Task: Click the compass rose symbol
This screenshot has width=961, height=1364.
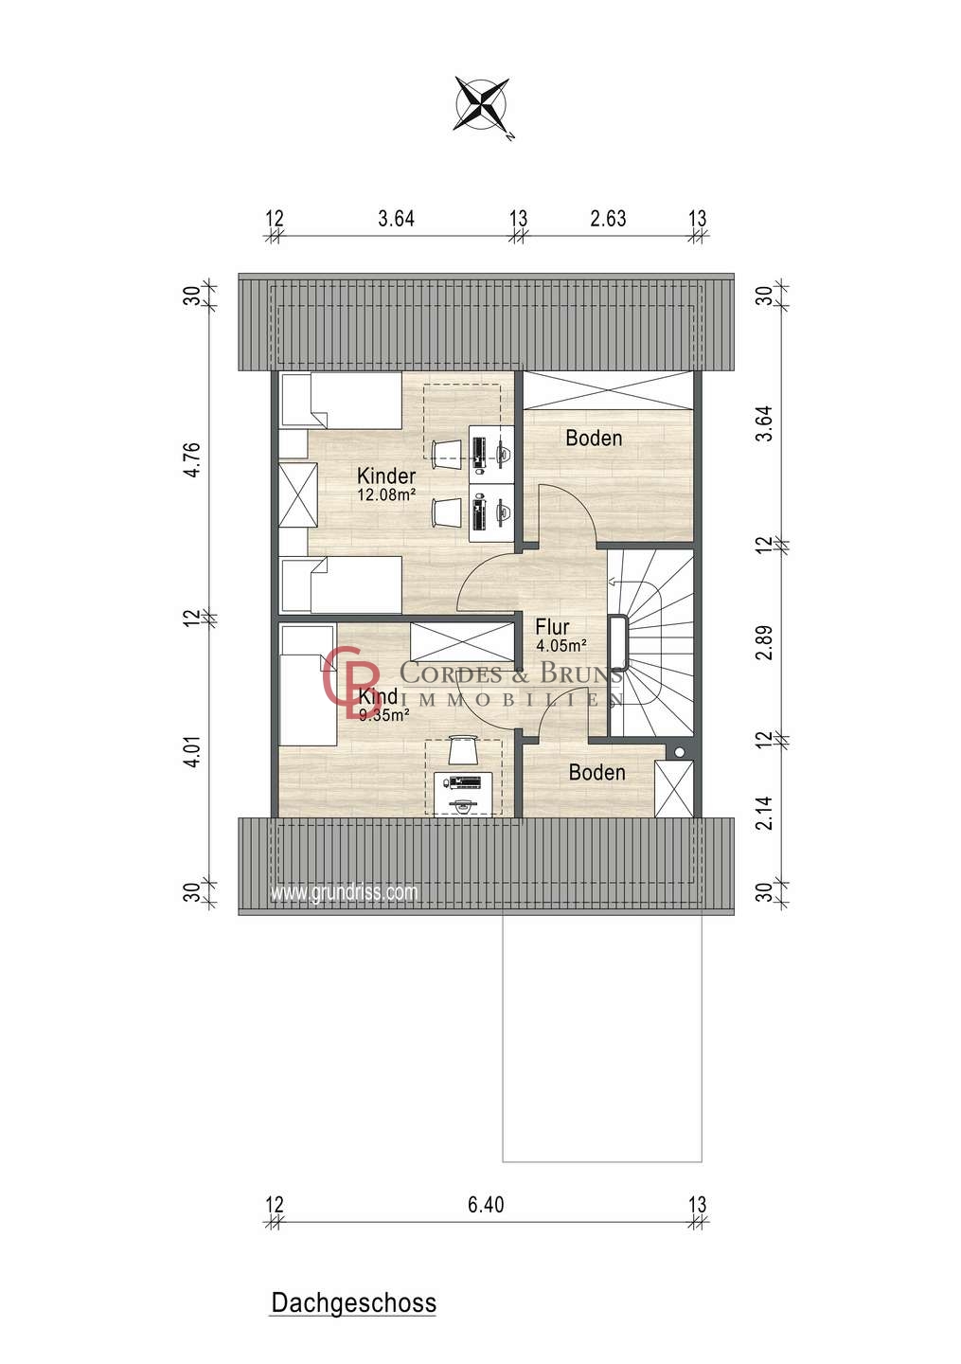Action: pyautogui.click(x=482, y=105)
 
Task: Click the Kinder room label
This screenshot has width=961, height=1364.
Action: pyautogui.click(x=386, y=476)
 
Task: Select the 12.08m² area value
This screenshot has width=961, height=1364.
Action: pyautogui.click(x=386, y=494)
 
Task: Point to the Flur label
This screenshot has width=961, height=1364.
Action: pyautogui.click(x=552, y=627)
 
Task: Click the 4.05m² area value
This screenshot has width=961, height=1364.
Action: pyautogui.click(x=561, y=645)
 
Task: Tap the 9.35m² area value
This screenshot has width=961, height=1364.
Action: pyautogui.click(x=384, y=715)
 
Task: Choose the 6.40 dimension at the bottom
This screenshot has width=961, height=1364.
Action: pyautogui.click(x=486, y=1205)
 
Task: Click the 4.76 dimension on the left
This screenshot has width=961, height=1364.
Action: pyautogui.click(x=191, y=460)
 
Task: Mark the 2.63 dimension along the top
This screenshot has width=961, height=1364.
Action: pyautogui.click(x=608, y=218)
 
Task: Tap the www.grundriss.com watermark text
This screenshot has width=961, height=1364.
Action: pyautogui.click(x=345, y=892)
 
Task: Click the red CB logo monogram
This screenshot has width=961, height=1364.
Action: pyautogui.click(x=350, y=676)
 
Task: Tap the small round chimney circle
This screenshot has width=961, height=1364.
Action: pyautogui.click(x=679, y=753)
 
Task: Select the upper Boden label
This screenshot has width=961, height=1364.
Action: pyautogui.click(x=594, y=438)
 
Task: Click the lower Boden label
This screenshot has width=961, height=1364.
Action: pyautogui.click(x=597, y=773)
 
